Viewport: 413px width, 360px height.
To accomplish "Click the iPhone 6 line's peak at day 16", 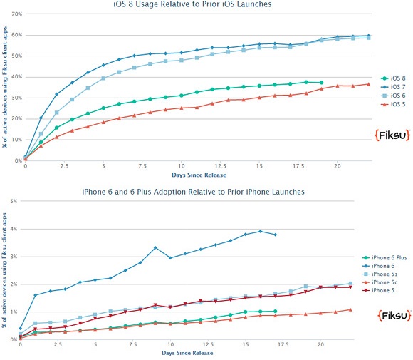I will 261,231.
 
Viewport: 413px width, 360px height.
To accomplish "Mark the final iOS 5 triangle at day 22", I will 368,84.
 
